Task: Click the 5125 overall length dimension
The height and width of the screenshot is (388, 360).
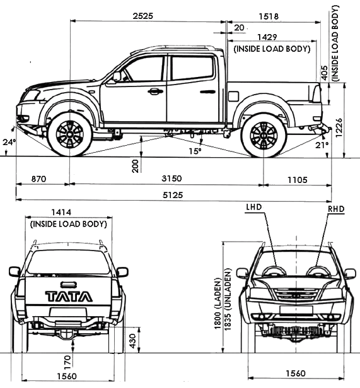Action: pos(173,195)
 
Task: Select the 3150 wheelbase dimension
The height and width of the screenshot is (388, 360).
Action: pos(171,179)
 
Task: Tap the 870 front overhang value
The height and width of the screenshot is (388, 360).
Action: pos(39,179)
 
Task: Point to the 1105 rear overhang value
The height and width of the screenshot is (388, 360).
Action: pos(298,180)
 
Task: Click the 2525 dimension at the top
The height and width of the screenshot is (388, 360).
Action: pos(143,16)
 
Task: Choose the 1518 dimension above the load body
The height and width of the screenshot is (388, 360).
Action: pos(269,16)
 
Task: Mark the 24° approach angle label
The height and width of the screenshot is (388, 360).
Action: pos(9,142)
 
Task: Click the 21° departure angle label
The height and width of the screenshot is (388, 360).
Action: pos(322,145)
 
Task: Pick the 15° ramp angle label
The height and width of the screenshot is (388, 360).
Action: pos(195,151)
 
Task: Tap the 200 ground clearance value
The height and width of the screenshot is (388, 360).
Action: pos(136,166)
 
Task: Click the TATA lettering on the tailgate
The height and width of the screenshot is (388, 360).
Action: pos(69,297)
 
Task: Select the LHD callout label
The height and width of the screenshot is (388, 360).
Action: pos(253,207)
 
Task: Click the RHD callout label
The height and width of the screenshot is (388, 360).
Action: pos(336,209)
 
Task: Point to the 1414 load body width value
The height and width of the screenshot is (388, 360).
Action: pos(61,213)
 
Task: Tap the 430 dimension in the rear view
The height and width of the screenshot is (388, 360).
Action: pos(133,341)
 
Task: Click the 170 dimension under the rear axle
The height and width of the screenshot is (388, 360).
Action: pos(67,362)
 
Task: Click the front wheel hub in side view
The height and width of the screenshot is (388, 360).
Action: pos(70,135)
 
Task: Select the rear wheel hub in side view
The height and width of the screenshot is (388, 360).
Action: pos(264,135)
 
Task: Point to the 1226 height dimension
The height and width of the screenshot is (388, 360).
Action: pos(339,127)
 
